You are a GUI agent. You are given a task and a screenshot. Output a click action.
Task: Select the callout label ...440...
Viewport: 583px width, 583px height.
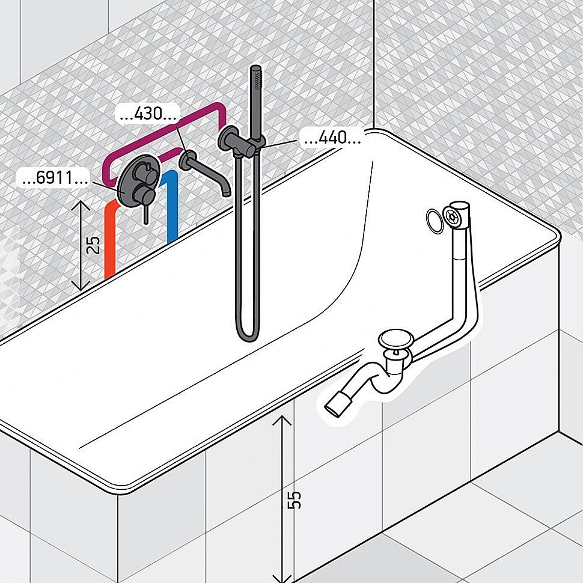[332, 138]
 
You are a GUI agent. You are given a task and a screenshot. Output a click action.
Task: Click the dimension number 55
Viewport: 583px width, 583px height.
[295, 499]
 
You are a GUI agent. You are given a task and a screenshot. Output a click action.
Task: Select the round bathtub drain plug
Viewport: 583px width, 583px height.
[395, 342]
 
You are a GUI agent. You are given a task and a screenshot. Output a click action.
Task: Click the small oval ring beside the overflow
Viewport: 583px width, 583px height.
[434, 221]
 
